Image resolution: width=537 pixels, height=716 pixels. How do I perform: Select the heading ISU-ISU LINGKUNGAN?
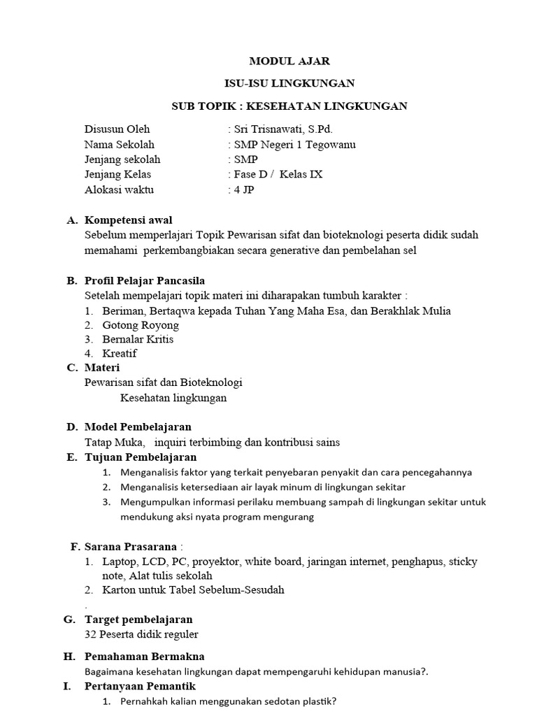[289, 83]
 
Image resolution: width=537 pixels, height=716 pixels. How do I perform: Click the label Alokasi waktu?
[119, 189]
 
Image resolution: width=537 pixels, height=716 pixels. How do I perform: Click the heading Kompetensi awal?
[129, 220]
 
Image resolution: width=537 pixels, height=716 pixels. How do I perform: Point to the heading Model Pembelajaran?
[138, 427]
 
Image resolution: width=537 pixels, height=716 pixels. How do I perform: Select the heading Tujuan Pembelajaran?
[141, 457]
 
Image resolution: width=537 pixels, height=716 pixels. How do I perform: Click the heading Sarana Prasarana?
[131, 546]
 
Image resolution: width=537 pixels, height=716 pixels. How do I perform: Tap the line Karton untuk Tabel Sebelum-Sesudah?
[193, 589]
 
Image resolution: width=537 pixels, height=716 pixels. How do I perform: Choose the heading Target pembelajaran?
[138, 620]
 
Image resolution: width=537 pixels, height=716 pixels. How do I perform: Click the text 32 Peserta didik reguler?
[141, 634]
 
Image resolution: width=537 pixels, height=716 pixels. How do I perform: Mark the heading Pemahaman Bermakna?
[144, 657]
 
